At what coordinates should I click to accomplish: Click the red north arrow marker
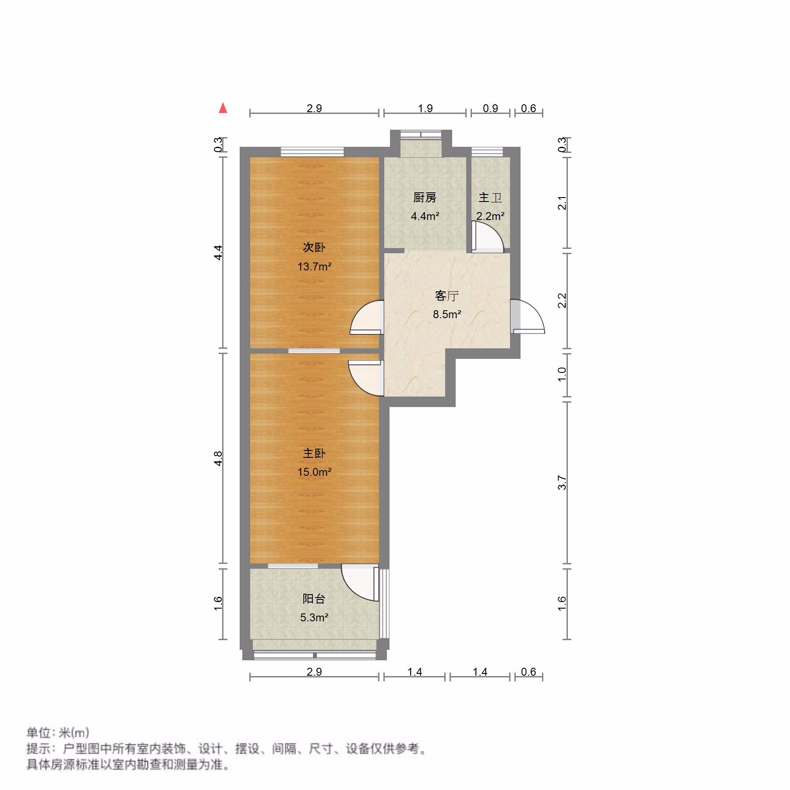[x=223, y=108]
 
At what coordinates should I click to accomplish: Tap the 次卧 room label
[x=314, y=248]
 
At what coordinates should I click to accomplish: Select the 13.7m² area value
[x=314, y=266]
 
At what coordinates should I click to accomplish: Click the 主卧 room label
[x=314, y=453]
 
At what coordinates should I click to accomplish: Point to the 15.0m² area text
[x=314, y=472]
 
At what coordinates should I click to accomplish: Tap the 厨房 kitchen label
[x=425, y=198]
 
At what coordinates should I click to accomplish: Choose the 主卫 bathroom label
[x=490, y=198]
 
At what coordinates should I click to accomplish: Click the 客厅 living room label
[x=446, y=296]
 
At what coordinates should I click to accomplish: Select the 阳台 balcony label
[x=314, y=599]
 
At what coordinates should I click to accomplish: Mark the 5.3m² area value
[x=314, y=617]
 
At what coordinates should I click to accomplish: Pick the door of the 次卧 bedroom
[x=367, y=318]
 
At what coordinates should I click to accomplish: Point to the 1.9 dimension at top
[x=425, y=108]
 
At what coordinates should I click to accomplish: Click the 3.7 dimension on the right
[x=562, y=482]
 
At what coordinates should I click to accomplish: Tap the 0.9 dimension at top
[x=490, y=108]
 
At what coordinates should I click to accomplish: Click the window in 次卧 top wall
[x=312, y=152]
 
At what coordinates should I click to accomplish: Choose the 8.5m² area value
[x=446, y=314]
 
